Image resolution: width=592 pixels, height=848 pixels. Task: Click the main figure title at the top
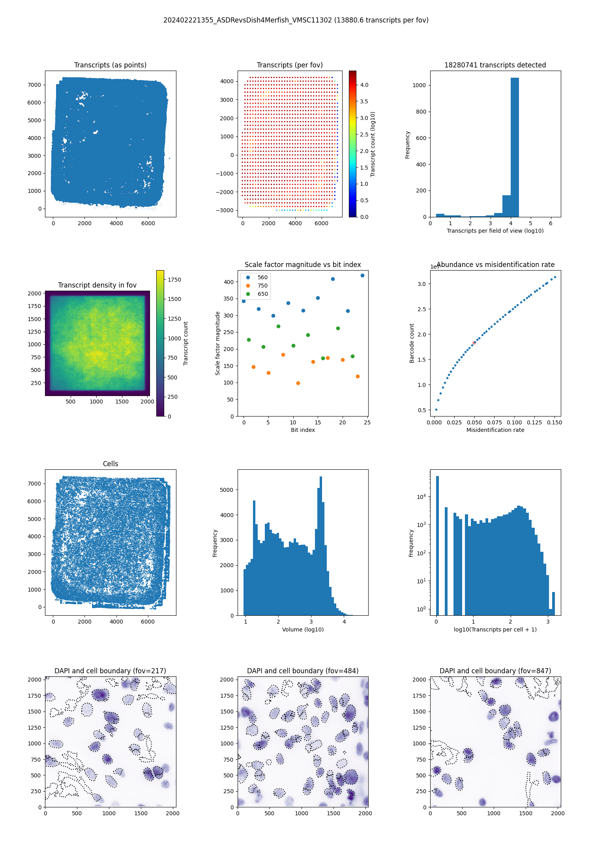(x=296, y=20)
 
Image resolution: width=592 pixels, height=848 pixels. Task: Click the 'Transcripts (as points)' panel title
(x=110, y=65)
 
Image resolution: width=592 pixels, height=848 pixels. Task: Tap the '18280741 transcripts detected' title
(x=495, y=65)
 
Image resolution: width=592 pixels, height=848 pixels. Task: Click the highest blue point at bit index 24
(x=362, y=275)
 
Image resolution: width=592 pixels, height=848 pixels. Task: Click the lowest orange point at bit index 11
(x=298, y=383)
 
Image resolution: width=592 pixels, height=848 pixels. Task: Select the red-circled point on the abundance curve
(x=474, y=343)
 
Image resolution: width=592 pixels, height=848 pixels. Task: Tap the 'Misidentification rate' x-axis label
(x=495, y=430)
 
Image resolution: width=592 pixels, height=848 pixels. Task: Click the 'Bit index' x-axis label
(x=303, y=430)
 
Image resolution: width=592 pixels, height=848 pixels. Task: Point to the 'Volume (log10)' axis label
(x=303, y=629)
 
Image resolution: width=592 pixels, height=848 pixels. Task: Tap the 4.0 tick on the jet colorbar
(x=364, y=85)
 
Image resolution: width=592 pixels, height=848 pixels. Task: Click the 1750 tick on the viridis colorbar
(x=174, y=280)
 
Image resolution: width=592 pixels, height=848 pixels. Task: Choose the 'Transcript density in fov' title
(x=97, y=285)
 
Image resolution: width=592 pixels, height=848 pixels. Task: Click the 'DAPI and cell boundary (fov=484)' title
(x=303, y=671)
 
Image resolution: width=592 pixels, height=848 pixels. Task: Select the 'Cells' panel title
(x=110, y=464)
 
